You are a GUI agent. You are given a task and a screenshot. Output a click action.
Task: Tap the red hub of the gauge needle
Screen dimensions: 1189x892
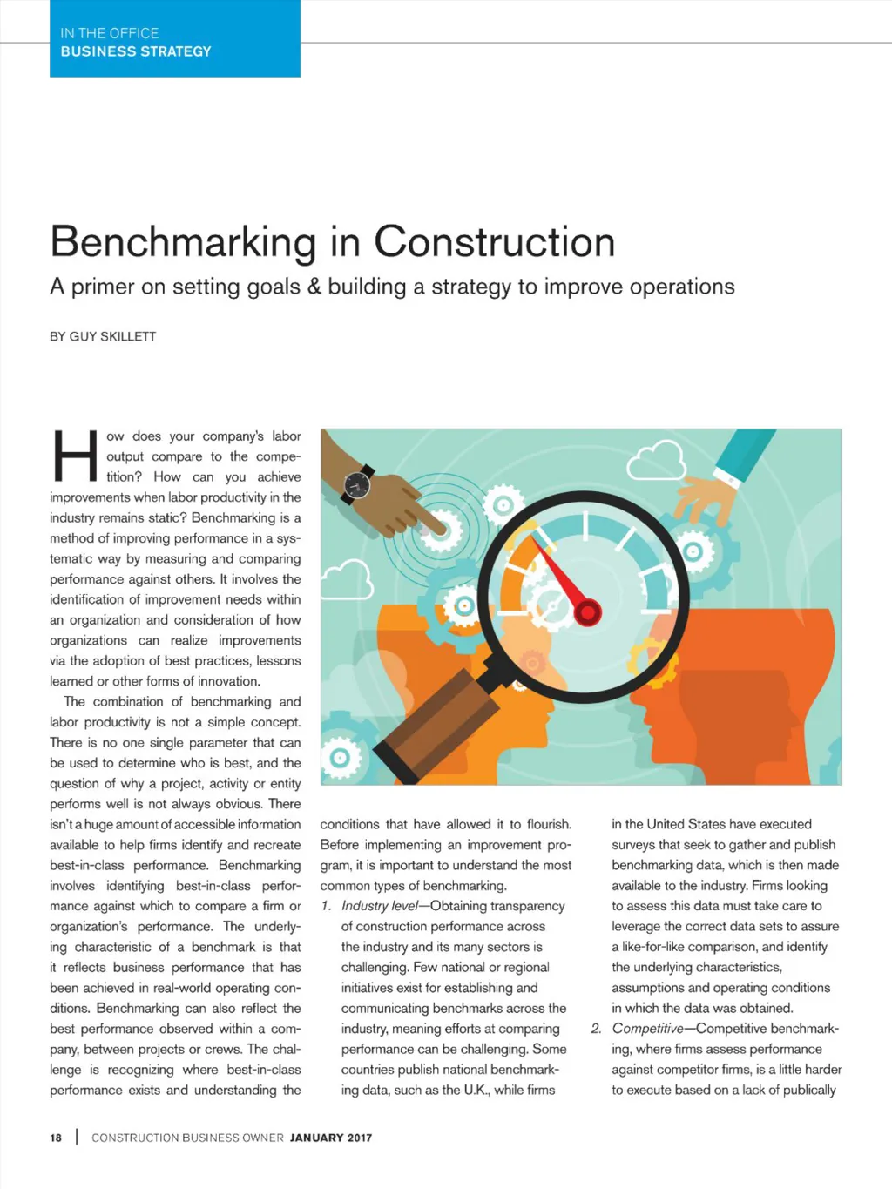click(x=588, y=612)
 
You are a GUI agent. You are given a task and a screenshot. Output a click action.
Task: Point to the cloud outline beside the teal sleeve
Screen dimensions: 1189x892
click(x=656, y=461)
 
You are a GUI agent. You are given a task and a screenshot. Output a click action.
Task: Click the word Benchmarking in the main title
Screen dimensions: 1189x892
click(x=183, y=242)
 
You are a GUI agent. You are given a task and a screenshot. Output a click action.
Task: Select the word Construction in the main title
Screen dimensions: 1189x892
click(x=495, y=242)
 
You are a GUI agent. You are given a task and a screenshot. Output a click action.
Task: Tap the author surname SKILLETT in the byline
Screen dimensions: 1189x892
click(x=130, y=336)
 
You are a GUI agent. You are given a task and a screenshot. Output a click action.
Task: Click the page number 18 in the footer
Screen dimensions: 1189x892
click(x=56, y=1138)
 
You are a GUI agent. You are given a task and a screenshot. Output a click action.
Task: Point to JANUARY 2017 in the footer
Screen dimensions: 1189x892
click(x=331, y=1138)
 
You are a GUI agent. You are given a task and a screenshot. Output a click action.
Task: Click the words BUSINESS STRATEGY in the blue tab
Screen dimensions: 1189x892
click(x=136, y=51)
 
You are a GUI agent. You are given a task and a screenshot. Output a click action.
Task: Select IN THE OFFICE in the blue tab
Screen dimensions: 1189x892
click(x=110, y=33)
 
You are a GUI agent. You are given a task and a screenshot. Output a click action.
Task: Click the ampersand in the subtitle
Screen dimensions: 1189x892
click(x=314, y=287)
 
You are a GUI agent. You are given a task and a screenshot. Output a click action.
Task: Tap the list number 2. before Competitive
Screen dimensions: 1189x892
click(x=596, y=1029)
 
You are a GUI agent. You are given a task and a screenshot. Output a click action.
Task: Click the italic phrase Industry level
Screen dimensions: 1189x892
click(x=379, y=906)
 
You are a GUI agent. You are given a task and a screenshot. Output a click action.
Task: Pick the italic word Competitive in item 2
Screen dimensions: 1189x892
click(x=647, y=1029)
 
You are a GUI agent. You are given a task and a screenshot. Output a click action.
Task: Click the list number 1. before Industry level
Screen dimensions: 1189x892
click(x=326, y=906)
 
